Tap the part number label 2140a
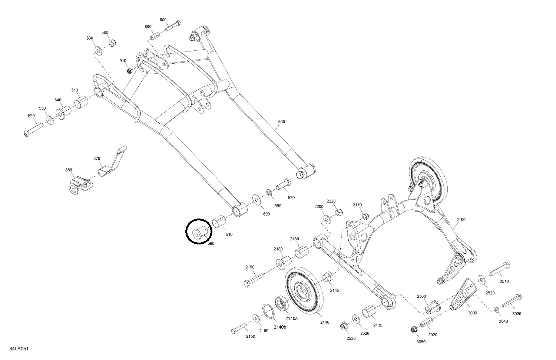(x=291, y=318)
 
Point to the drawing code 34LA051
(x=20, y=349)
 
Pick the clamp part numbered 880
(x=79, y=183)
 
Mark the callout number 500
(x=281, y=122)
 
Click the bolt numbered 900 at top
(x=173, y=26)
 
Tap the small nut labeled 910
(x=129, y=70)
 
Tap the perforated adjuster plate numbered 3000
(x=463, y=293)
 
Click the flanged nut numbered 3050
(x=413, y=329)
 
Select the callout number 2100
(x=461, y=220)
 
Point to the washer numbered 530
(x=98, y=50)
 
